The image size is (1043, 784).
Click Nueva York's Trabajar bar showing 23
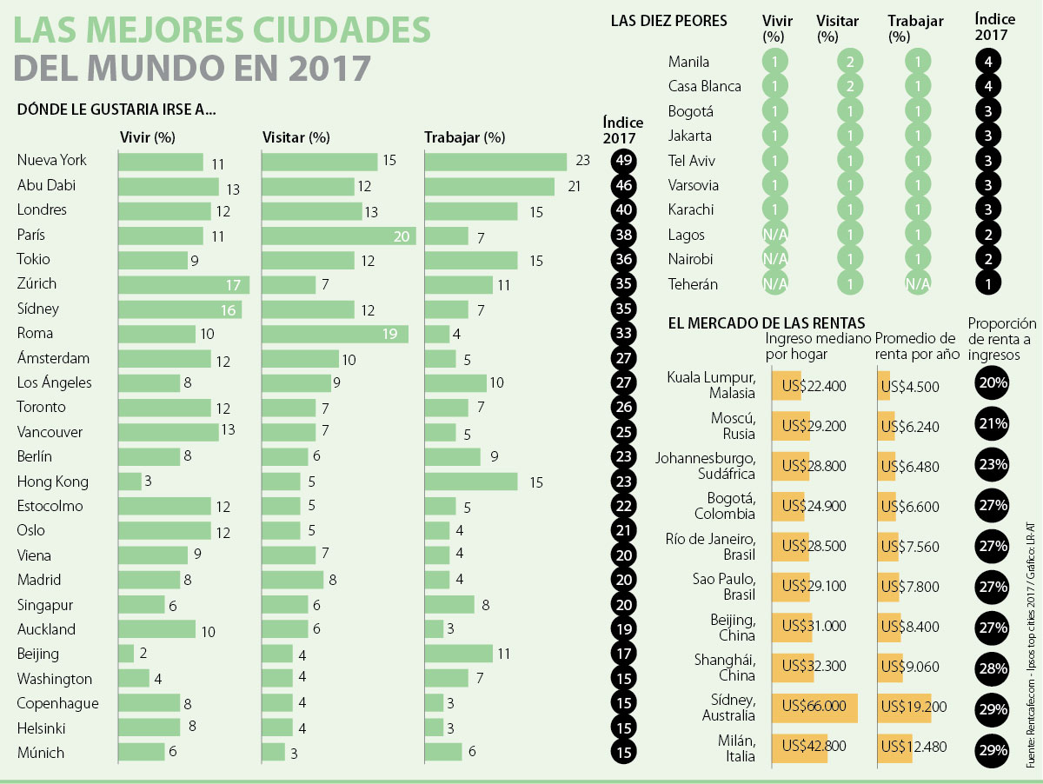click(x=495, y=162)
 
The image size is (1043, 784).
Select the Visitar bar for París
click(x=339, y=236)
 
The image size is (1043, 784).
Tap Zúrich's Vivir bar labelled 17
click(x=183, y=284)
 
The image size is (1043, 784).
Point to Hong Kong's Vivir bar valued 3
click(x=130, y=481)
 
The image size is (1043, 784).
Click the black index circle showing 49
click(x=622, y=162)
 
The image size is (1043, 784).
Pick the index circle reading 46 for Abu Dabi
click(x=622, y=186)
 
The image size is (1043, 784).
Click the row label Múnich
click(x=41, y=753)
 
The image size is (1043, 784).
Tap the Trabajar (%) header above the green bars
click(x=464, y=137)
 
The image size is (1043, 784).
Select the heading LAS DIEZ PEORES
click(x=669, y=21)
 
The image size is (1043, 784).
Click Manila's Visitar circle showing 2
click(x=851, y=62)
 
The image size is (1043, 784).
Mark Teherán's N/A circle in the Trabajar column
click(x=917, y=283)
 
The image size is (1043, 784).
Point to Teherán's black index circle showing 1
click(x=988, y=283)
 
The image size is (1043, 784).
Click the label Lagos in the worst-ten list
click(x=687, y=235)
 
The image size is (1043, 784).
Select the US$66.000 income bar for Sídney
click(x=814, y=707)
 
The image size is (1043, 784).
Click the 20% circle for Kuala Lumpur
click(x=991, y=383)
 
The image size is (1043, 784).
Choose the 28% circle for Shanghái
click(x=991, y=668)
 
